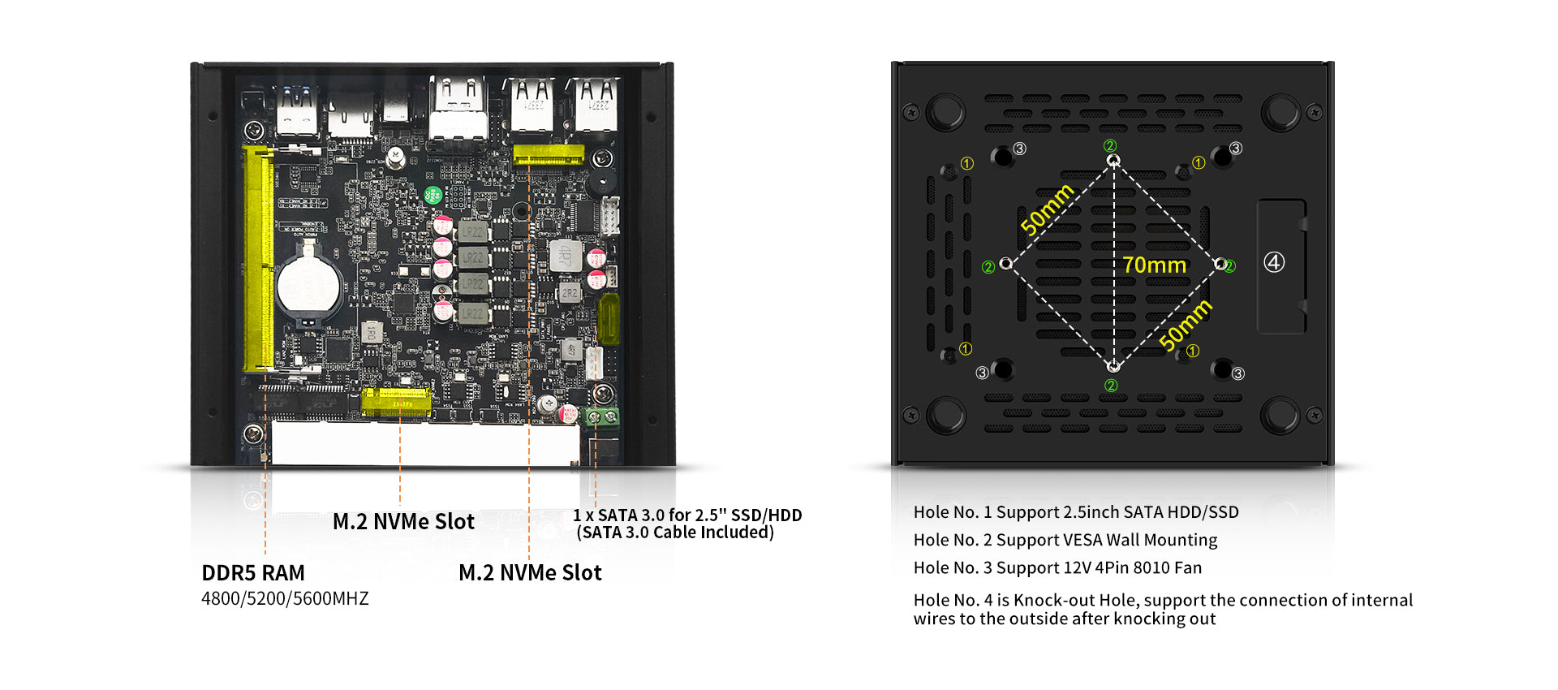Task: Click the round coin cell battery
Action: (x=309, y=285)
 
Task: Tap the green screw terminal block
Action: (x=602, y=417)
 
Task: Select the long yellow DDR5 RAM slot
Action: (x=259, y=258)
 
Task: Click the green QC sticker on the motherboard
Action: (x=433, y=195)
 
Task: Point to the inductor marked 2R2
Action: (x=570, y=293)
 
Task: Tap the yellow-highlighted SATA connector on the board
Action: (x=609, y=319)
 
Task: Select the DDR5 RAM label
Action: (x=253, y=573)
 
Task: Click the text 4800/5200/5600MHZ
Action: (x=285, y=599)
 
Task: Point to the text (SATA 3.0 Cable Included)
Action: (x=675, y=533)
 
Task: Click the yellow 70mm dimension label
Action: (x=1154, y=265)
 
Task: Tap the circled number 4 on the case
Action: (x=1274, y=262)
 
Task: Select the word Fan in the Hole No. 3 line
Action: (x=1187, y=568)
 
